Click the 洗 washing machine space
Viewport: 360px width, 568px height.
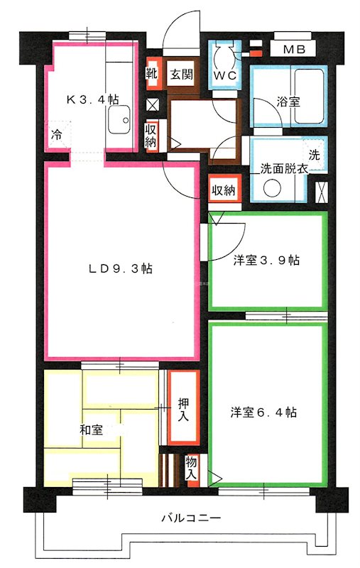tap(313, 155)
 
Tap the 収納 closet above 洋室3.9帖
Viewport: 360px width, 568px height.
tap(224, 190)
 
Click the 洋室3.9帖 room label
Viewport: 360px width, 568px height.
tap(267, 261)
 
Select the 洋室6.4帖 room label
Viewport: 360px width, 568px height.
tap(263, 412)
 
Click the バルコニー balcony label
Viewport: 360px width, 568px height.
tap(190, 518)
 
